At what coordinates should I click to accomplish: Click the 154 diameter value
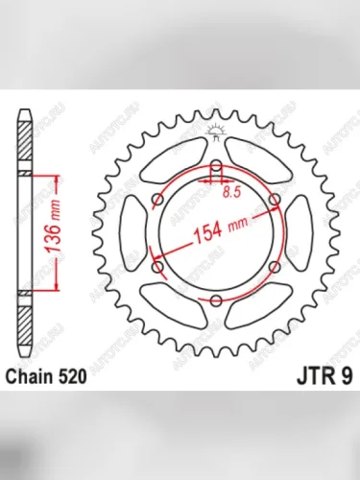[209, 232]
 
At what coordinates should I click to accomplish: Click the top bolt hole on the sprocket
[217, 171]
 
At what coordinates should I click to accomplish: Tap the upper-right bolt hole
[275, 202]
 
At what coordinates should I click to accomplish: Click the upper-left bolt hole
[158, 202]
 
